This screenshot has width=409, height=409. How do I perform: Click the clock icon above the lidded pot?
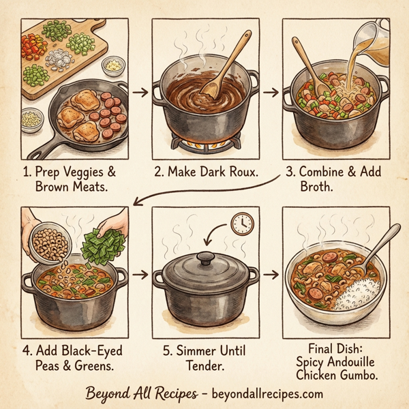242,223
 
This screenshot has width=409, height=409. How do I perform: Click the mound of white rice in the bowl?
357,295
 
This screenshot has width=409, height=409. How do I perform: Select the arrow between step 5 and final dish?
271,275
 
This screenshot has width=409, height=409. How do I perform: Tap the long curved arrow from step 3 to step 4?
204,189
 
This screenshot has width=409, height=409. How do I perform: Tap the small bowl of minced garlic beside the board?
112,65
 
